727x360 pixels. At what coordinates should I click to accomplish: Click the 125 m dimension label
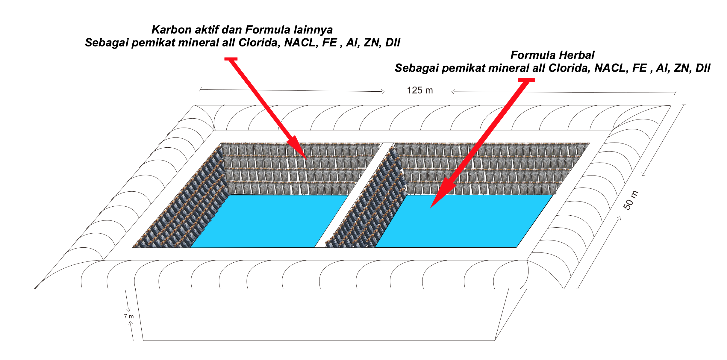coord(420,90)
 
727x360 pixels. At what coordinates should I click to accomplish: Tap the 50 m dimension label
coord(631,200)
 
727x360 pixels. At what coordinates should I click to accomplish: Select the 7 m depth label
coord(129,316)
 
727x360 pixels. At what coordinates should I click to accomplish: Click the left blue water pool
coord(266,222)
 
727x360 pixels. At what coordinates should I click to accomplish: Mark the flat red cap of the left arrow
coord(231,59)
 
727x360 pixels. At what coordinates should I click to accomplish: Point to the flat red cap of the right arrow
coord(526,80)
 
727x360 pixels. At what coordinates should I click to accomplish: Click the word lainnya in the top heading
coord(313,30)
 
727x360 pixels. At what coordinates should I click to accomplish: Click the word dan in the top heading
coord(234,30)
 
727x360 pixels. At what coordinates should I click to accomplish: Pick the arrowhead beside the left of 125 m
coord(383,91)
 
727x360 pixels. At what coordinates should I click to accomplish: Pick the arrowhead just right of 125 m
coord(453,92)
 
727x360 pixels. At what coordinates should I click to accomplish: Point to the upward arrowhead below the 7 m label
coord(130,323)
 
